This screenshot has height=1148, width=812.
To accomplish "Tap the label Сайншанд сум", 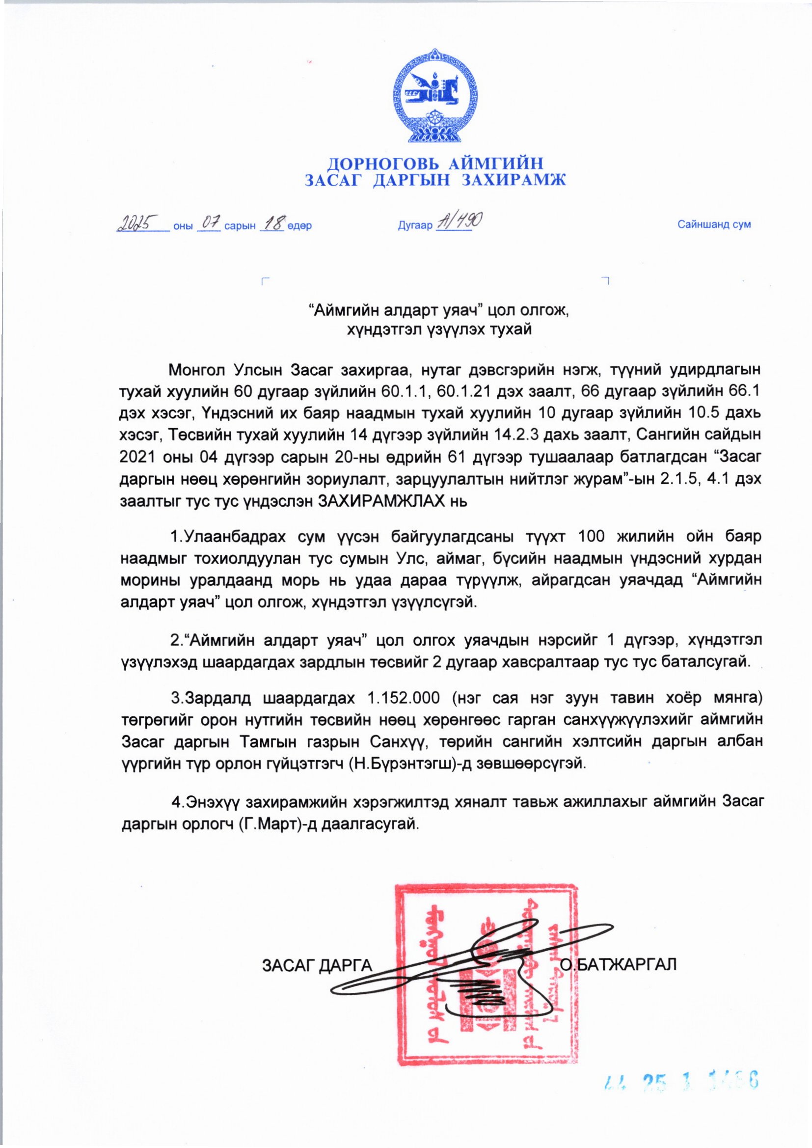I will [x=714, y=224].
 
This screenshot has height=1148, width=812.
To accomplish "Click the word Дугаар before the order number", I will [x=414, y=225].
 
